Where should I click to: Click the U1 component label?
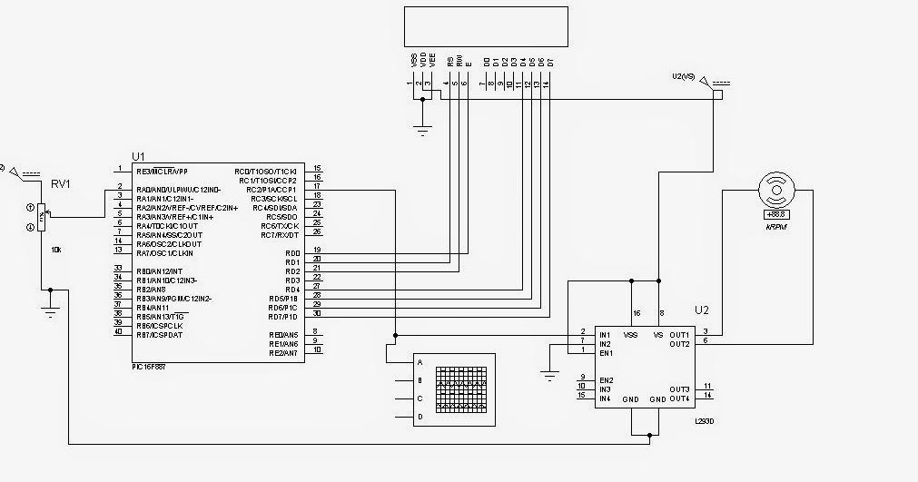(138, 155)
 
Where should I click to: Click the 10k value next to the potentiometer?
(56, 249)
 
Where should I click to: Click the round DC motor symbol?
(777, 192)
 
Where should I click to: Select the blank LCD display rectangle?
(487, 25)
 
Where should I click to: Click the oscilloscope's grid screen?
(463, 390)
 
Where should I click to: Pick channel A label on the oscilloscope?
(420, 362)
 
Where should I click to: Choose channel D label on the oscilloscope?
(420, 417)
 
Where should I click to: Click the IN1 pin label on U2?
(605, 335)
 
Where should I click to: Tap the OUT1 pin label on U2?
(680, 334)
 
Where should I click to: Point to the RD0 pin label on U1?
(291, 253)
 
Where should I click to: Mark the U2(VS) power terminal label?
(682, 75)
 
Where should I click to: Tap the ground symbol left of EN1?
(548, 372)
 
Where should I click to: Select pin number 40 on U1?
(118, 332)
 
